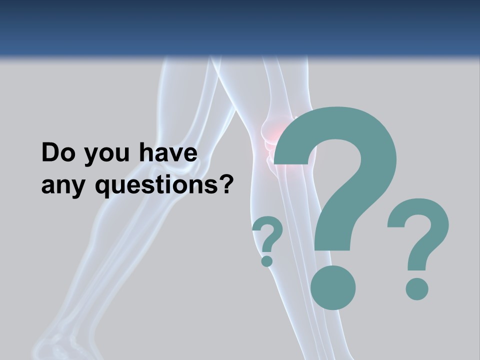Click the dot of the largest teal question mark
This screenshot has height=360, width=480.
point(333,287)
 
